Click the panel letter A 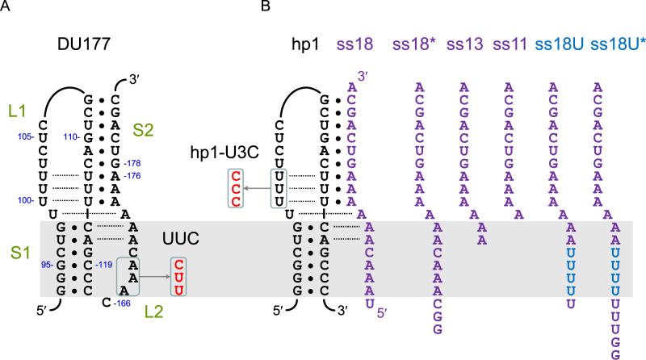[x=6, y=6]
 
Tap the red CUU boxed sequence [x=178, y=276]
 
